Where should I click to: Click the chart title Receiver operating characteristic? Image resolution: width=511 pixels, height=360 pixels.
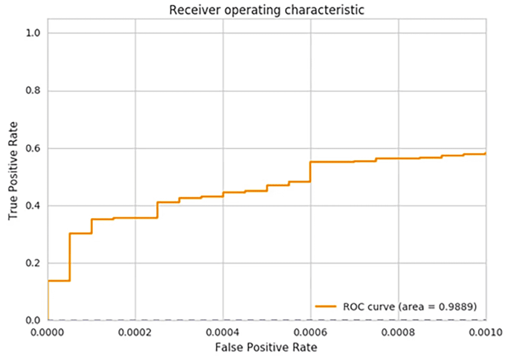pos(266,9)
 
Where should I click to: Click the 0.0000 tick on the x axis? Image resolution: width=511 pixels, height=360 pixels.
pos(47,330)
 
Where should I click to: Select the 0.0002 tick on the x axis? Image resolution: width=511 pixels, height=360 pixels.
pos(135,330)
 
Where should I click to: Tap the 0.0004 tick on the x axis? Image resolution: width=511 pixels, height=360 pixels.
pos(223,330)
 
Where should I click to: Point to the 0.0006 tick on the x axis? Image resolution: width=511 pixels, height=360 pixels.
pos(310,330)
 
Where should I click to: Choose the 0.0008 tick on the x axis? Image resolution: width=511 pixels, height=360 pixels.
pos(398,330)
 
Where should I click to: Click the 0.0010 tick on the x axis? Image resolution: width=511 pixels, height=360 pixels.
pos(485,330)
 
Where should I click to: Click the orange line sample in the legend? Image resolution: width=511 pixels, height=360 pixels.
pos(327,305)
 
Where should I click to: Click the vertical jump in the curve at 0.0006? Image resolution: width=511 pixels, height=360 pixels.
pos(310,172)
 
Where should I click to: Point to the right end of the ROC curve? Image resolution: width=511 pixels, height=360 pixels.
pos(485,154)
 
